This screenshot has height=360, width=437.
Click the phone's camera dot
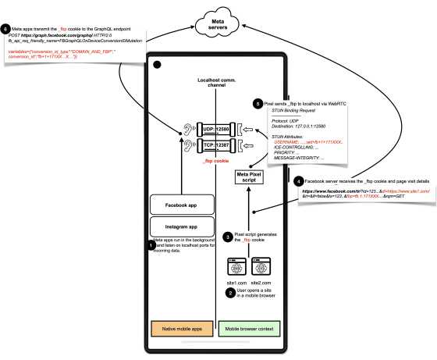pyautogui.click(x=158, y=65)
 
